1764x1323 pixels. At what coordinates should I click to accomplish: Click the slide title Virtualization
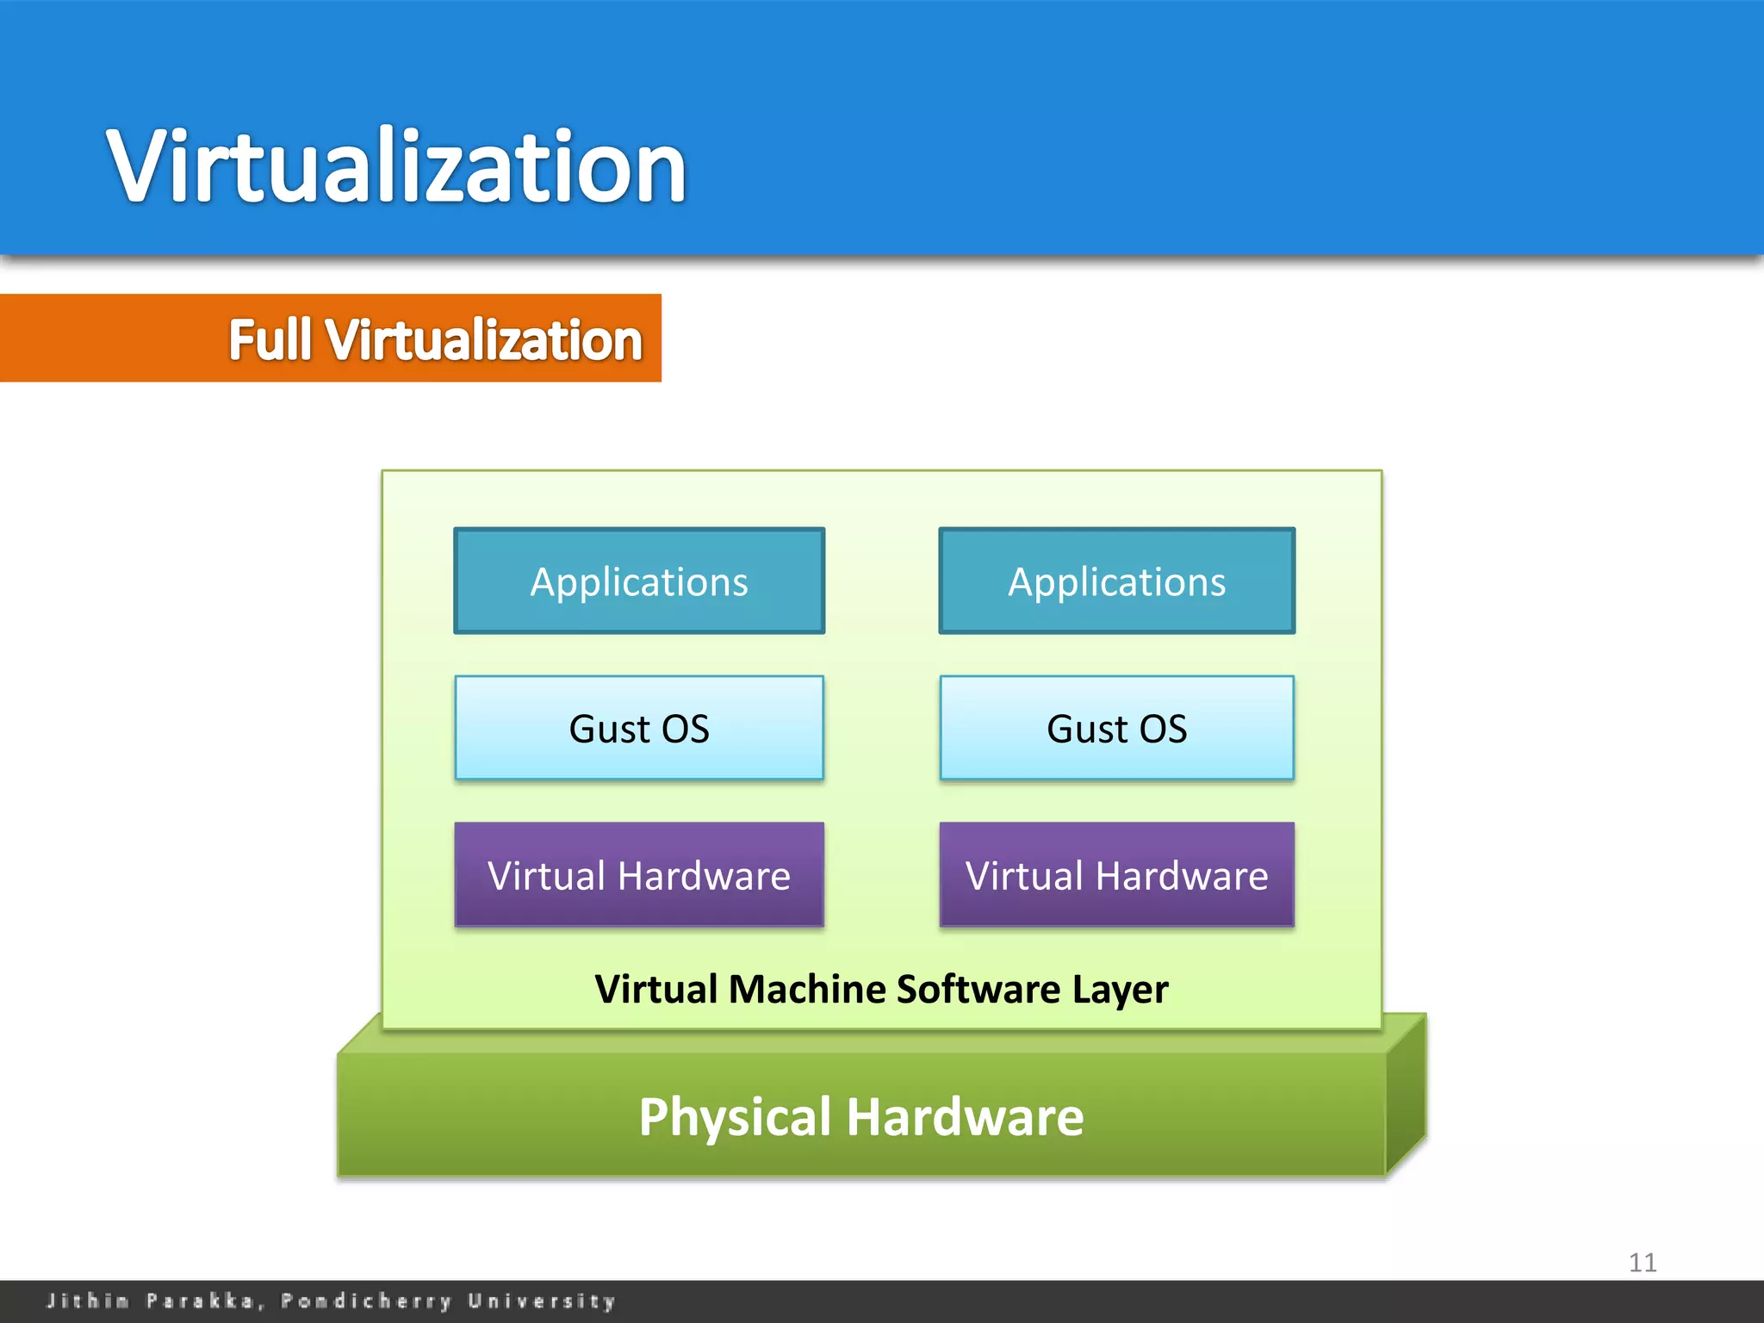[396, 165]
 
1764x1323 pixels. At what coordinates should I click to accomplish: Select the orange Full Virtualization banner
[331, 339]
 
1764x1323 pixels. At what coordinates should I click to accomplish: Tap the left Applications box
[639, 581]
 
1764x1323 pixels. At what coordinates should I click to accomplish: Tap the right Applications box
[1116, 581]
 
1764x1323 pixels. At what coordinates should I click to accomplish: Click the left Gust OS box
[639, 729]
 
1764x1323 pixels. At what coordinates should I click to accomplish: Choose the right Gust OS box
[1116, 729]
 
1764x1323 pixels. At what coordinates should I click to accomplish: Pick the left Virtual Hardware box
[639, 875]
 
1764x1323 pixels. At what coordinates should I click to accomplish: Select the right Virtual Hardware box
[1116, 875]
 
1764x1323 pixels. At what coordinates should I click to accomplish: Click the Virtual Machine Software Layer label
[881, 989]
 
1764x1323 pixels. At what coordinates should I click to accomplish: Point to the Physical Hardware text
[861, 1117]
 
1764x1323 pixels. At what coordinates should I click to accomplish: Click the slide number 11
[1643, 1263]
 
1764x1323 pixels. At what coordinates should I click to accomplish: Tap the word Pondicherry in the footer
[366, 1301]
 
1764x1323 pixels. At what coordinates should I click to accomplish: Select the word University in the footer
[542, 1301]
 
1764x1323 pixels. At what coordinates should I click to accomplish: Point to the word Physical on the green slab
[736, 1117]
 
